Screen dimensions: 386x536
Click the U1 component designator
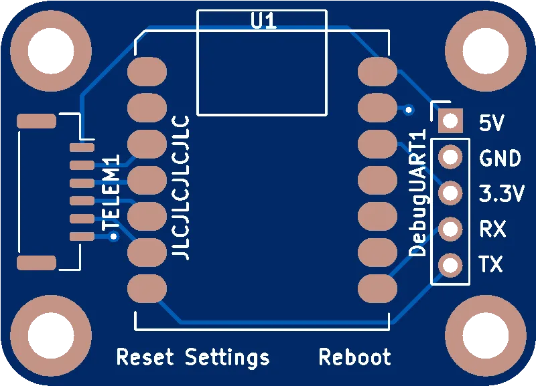point(263,21)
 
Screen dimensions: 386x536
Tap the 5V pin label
point(492,123)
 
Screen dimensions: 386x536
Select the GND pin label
point(500,159)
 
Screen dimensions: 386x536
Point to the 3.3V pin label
point(501,194)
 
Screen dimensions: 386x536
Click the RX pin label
point(492,229)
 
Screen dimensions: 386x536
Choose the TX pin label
point(491,265)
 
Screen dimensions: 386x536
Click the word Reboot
point(354,357)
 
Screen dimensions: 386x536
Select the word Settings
point(227,357)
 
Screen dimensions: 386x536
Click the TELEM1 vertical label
point(110,193)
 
